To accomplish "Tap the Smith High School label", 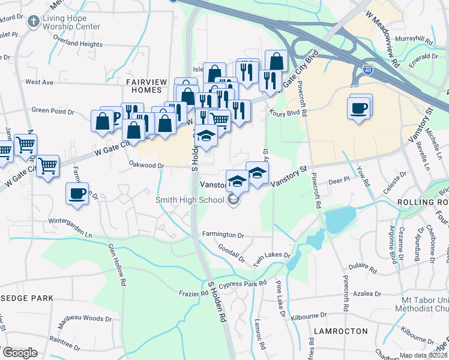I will (189, 200).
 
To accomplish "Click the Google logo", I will (20, 353).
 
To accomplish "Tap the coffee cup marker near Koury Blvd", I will (359, 109).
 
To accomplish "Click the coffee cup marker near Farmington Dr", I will (77, 194).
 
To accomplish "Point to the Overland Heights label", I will (77, 44).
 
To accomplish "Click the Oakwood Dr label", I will (146, 164).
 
